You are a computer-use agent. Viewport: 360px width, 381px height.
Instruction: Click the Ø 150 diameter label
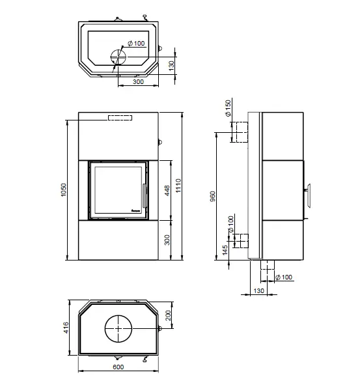[x=228, y=108]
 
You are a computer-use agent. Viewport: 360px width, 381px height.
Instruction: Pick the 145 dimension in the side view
[x=225, y=250]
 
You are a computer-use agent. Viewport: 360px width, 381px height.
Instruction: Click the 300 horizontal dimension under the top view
[x=138, y=83]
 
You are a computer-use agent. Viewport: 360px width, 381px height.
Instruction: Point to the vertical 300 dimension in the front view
[x=167, y=240]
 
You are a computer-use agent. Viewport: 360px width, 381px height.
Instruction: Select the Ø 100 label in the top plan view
[x=136, y=44]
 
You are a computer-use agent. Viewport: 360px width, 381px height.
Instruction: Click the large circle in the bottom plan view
[x=118, y=329]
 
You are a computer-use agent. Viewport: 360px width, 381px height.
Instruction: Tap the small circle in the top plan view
[x=115, y=56]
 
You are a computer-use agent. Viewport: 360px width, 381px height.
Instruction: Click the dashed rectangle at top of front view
[x=120, y=118]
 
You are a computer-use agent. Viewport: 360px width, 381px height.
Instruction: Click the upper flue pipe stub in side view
[x=239, y=132]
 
